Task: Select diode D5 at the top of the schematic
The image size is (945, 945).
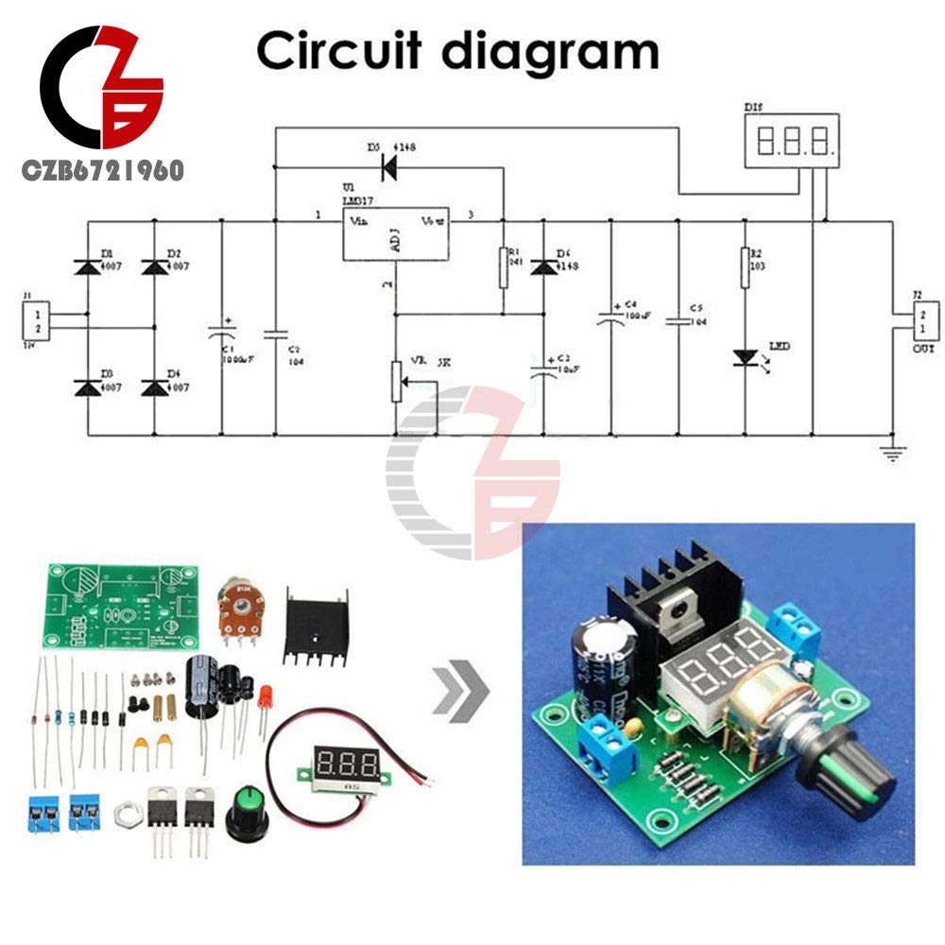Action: (387, 167)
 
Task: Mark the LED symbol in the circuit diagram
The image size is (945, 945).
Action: (745, 358)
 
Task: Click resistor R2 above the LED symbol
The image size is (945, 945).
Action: (745, 267)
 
